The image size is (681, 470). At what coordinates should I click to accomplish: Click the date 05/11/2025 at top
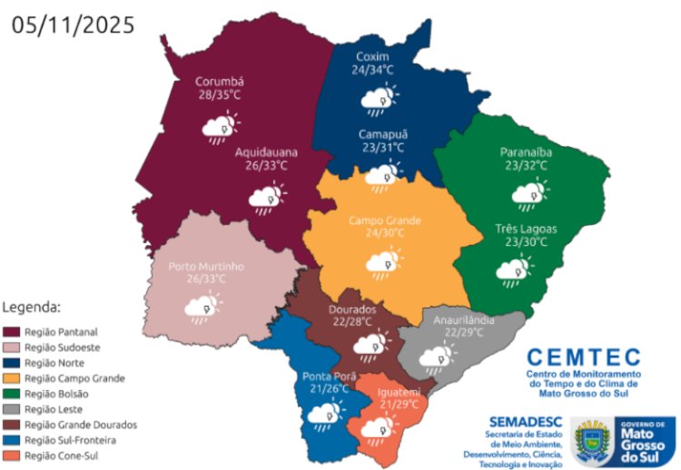(73, 24)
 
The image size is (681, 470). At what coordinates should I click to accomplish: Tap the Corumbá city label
(220, 82)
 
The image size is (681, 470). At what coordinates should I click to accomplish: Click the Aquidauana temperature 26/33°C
(265, 167)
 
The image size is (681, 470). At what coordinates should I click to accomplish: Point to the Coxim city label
(372, 55)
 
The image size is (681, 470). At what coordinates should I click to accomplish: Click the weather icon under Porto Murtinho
(201, 308)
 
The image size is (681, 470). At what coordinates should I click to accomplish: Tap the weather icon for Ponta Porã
(324, 414)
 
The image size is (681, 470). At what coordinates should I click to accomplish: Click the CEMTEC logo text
(583, 357)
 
